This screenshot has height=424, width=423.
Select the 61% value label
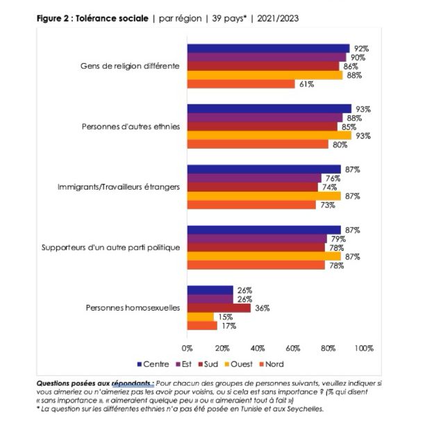pyautogui.click(x=307, y=84)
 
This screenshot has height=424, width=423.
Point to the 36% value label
pyautogui.click(x=263, y=308)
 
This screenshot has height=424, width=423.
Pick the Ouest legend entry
pyautogui.click(x=237, y=364)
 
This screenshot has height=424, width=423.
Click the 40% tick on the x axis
pyautogui.click(x=258, y=348)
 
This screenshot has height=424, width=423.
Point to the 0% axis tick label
pyautogui.click(x=186, y=348)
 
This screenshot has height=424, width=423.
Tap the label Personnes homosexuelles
pyautogui.click(x=133, y=308)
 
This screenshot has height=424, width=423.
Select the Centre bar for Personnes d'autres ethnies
pyautogui.click(x=269, y=108)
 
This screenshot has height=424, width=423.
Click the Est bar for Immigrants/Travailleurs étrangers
pyautogui.click(x=254, y=178)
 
